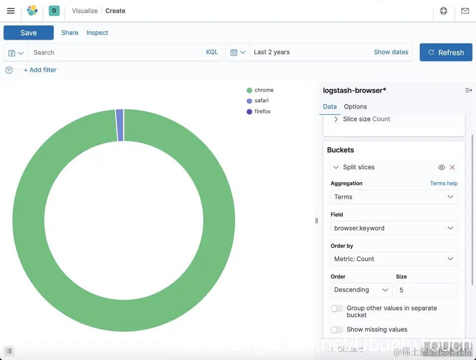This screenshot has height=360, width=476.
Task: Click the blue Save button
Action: tap(28, 33)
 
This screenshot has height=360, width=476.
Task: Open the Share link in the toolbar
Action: tap(70, 33)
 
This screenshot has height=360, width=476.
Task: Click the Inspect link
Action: tap(97, 33)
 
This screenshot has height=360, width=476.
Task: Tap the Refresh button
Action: tap(446, 52)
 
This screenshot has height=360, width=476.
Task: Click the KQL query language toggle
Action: tap(212, 52)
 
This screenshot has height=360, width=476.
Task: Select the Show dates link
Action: tap(391, 52)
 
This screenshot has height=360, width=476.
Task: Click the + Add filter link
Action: tap(40, 70)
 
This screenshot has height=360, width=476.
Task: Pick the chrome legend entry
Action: tap(264, 90)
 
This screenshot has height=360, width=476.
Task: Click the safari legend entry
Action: tap(261, 101)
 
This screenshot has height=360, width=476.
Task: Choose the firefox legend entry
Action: tap(262, 112)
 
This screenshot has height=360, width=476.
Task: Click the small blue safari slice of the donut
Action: tap(120, 125)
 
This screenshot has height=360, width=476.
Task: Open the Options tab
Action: tap(355, 107)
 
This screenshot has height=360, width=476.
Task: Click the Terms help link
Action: tap(444, 183)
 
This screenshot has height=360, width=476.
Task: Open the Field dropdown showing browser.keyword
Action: tap(394, 228)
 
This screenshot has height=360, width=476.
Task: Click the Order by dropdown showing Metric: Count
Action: tap(394, 259)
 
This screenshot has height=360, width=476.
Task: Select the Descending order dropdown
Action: tap(361, 290)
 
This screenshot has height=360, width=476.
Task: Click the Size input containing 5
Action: tap(426, 290)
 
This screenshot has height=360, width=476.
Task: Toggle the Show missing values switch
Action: tap(337, 330)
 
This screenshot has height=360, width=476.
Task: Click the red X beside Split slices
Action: tap(452, 167)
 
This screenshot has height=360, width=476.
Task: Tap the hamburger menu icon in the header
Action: tap(10, 10)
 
